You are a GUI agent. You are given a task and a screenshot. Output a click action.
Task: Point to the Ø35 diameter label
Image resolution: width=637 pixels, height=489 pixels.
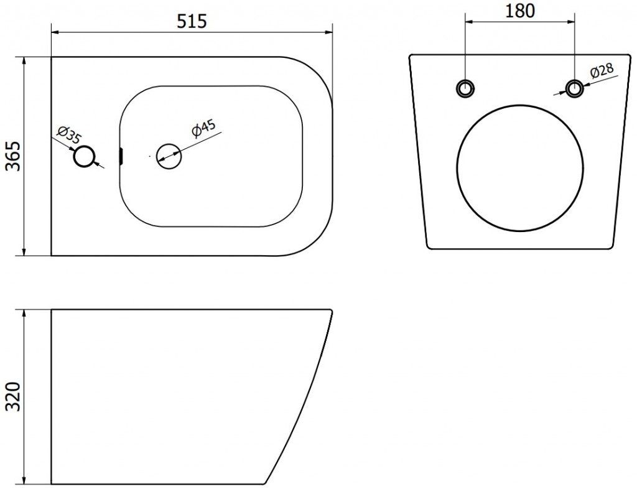[67, 134]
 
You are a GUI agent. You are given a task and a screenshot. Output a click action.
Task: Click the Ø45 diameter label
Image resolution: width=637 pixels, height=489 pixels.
[203, 129]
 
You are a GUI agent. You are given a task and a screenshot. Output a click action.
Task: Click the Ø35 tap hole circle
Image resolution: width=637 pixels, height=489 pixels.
[85, 157]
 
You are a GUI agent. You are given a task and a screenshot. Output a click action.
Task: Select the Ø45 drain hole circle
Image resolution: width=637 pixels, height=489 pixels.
[169, 156]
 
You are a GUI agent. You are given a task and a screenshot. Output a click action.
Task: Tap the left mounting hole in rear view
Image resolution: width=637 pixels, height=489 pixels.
[465, 88]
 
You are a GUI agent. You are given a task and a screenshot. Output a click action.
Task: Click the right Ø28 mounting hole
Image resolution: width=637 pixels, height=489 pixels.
[575, 88]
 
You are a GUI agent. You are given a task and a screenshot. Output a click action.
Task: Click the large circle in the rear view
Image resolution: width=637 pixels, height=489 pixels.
[520, 167]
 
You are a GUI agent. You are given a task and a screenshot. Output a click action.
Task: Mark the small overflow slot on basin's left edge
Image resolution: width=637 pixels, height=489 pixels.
[122, 156]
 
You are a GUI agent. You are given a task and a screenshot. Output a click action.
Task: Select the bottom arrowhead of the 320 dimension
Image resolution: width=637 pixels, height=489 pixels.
[24, 480]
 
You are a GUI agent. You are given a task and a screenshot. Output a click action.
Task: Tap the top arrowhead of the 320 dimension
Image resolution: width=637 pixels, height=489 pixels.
[24, 313]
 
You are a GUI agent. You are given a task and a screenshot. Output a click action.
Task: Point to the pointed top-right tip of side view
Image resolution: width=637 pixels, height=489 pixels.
[331, 311]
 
